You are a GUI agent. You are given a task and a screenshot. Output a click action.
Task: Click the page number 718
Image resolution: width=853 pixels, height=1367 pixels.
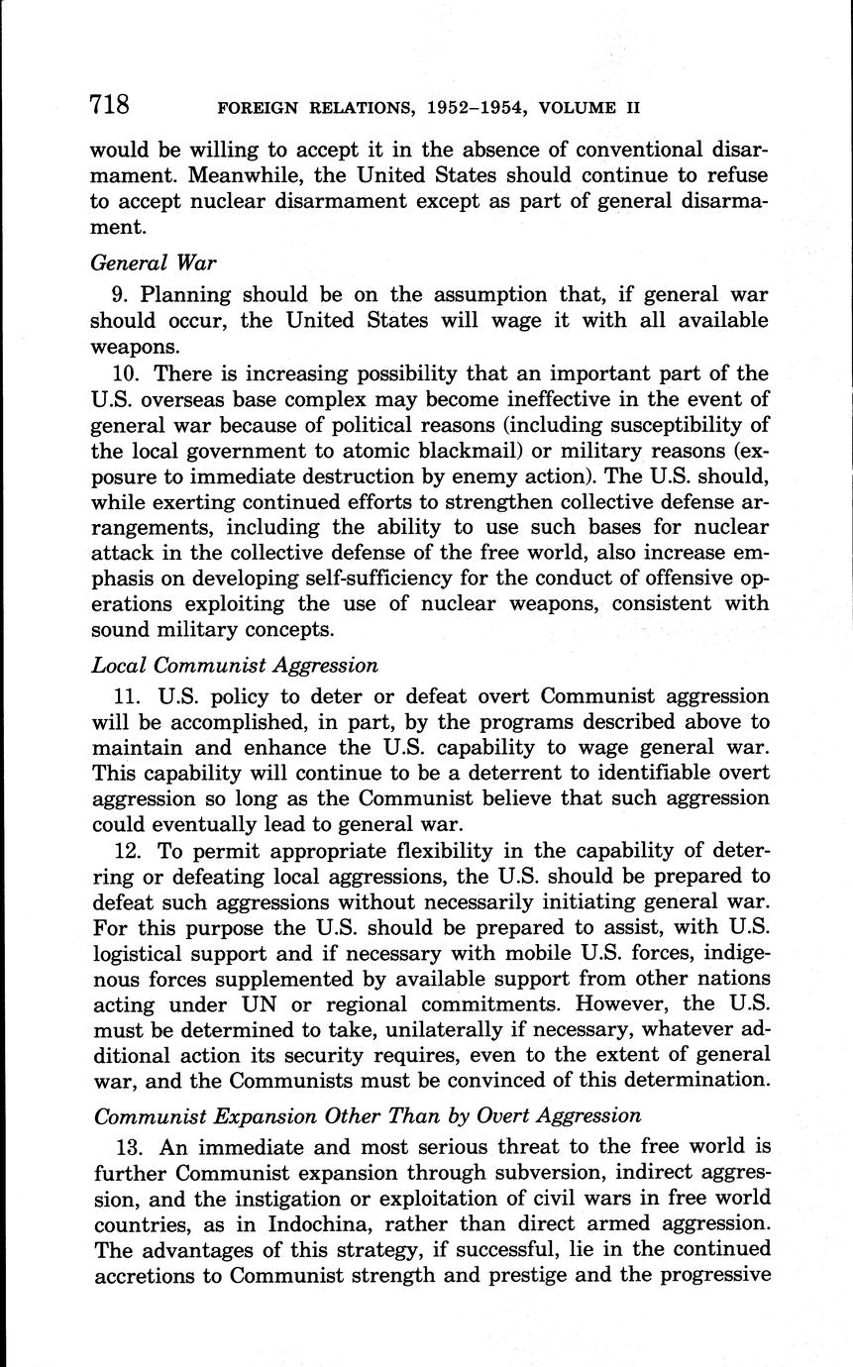pos(109,103)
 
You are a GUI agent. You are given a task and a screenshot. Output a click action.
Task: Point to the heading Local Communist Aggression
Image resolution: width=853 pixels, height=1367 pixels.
pos(234,665)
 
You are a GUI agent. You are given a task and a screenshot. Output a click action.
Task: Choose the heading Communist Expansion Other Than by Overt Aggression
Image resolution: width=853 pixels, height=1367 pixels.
pos(367,1115)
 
